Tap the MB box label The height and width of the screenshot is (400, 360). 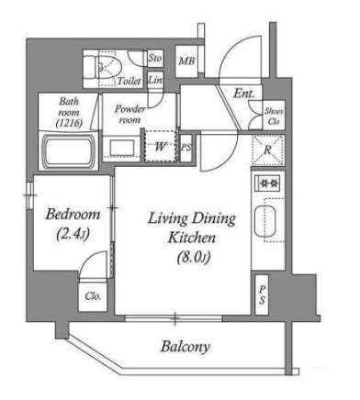(x=186, y=61)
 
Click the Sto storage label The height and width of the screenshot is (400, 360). (x=155, y=58)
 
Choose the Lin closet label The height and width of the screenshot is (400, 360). (x=155, y=80)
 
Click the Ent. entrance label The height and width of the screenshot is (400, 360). (x=243, y=94)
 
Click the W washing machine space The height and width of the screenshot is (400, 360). (x=160, y=146)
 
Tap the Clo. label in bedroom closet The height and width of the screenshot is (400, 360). (x=93, y=297)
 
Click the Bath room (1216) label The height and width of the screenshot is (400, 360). (x=69, y=110)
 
